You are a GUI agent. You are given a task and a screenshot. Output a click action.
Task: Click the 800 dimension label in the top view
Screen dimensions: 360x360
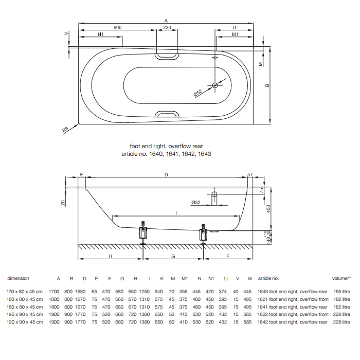[117, 27]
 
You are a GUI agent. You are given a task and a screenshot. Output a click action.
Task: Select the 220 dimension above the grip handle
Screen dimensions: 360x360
[167, 27]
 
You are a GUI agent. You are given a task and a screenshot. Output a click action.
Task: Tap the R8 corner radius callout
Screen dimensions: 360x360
[65, 130]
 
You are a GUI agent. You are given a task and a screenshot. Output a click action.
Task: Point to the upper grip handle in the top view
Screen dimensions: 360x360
[167, 57]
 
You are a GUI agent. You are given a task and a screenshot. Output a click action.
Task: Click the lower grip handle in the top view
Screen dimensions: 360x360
[167, 114]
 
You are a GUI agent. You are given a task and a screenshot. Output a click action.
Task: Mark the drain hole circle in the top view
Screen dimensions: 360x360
[215, 85]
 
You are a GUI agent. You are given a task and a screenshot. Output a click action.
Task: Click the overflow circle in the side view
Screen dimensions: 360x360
[214, 194]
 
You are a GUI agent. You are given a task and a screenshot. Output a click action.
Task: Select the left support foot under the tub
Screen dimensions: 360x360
[143, 232]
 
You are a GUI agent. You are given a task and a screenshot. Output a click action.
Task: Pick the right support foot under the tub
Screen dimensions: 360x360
[203, 233]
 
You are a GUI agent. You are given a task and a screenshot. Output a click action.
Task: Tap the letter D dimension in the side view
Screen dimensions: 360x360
[166, 175]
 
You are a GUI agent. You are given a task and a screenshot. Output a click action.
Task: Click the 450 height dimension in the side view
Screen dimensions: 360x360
[268, 209]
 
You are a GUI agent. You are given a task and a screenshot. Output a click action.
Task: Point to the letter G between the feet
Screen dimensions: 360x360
[173, 256]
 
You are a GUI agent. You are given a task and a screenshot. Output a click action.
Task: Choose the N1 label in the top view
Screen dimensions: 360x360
[101, 34]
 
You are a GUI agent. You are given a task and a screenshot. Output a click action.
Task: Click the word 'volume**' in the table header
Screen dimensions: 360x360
[341, 278]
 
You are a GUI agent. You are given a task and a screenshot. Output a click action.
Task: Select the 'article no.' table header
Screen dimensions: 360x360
[268, 278]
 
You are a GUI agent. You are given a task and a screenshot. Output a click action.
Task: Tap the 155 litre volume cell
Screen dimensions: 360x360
[341, 292]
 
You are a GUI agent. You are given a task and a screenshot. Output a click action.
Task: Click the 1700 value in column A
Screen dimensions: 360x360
[54, 292]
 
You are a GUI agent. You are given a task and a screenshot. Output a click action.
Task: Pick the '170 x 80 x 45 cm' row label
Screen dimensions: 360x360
[25, 292]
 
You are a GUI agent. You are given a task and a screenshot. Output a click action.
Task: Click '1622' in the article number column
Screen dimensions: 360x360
[262, 314]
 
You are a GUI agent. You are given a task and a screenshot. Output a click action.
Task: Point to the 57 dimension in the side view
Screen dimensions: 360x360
[250, 174]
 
